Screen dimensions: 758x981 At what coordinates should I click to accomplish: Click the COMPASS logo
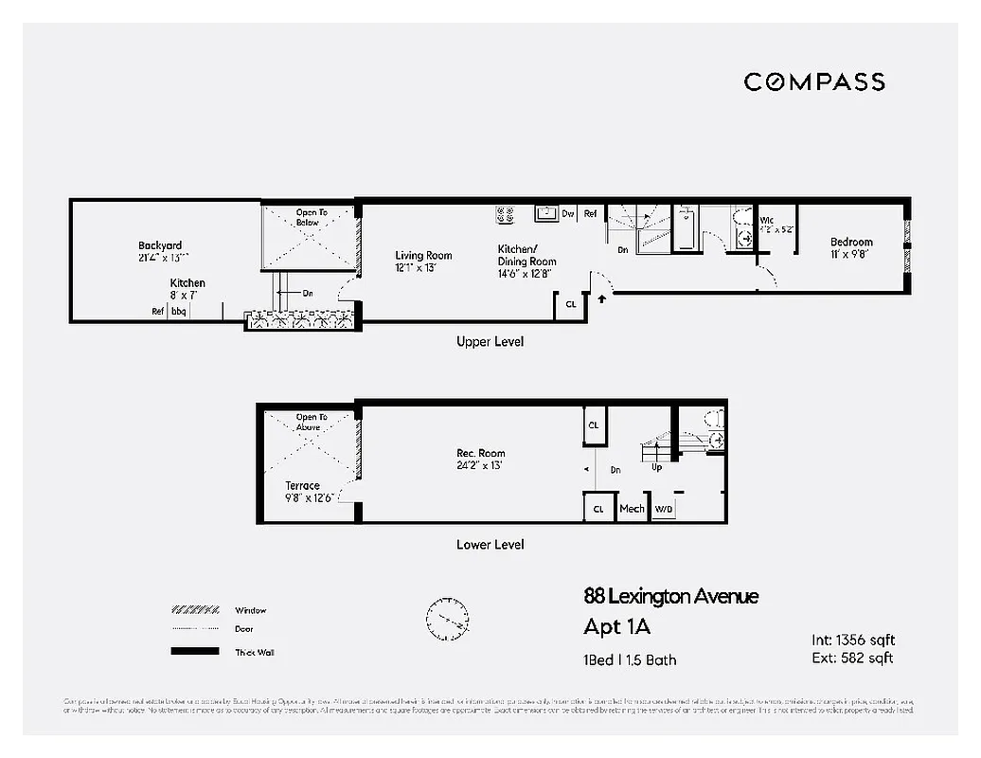coord(814,81)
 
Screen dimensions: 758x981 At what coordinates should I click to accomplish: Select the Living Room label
coord(423,255)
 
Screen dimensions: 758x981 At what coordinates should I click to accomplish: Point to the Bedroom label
coord(851,243)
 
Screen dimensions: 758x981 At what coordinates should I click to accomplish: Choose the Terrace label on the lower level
coord(303,485)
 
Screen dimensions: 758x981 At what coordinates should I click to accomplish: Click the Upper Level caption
coord(490,341)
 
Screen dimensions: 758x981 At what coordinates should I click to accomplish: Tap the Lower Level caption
coord(490,544)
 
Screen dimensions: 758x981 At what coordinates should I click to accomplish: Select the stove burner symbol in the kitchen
coord(506,214)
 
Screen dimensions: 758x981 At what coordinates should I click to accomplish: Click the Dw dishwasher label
coord(568,214)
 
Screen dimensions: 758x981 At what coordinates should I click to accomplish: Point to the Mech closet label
coord(632,509)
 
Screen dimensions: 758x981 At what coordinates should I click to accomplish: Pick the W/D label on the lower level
coord(664,510)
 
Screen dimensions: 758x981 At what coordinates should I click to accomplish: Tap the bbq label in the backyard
coord(179,311)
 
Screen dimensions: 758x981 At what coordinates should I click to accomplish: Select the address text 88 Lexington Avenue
coord(670,596)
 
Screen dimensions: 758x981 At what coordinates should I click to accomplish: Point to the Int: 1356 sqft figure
coord(852,640)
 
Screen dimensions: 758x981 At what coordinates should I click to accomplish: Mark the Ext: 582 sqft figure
coord(852,658)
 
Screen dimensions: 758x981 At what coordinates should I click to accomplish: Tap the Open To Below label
coord(312,217)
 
